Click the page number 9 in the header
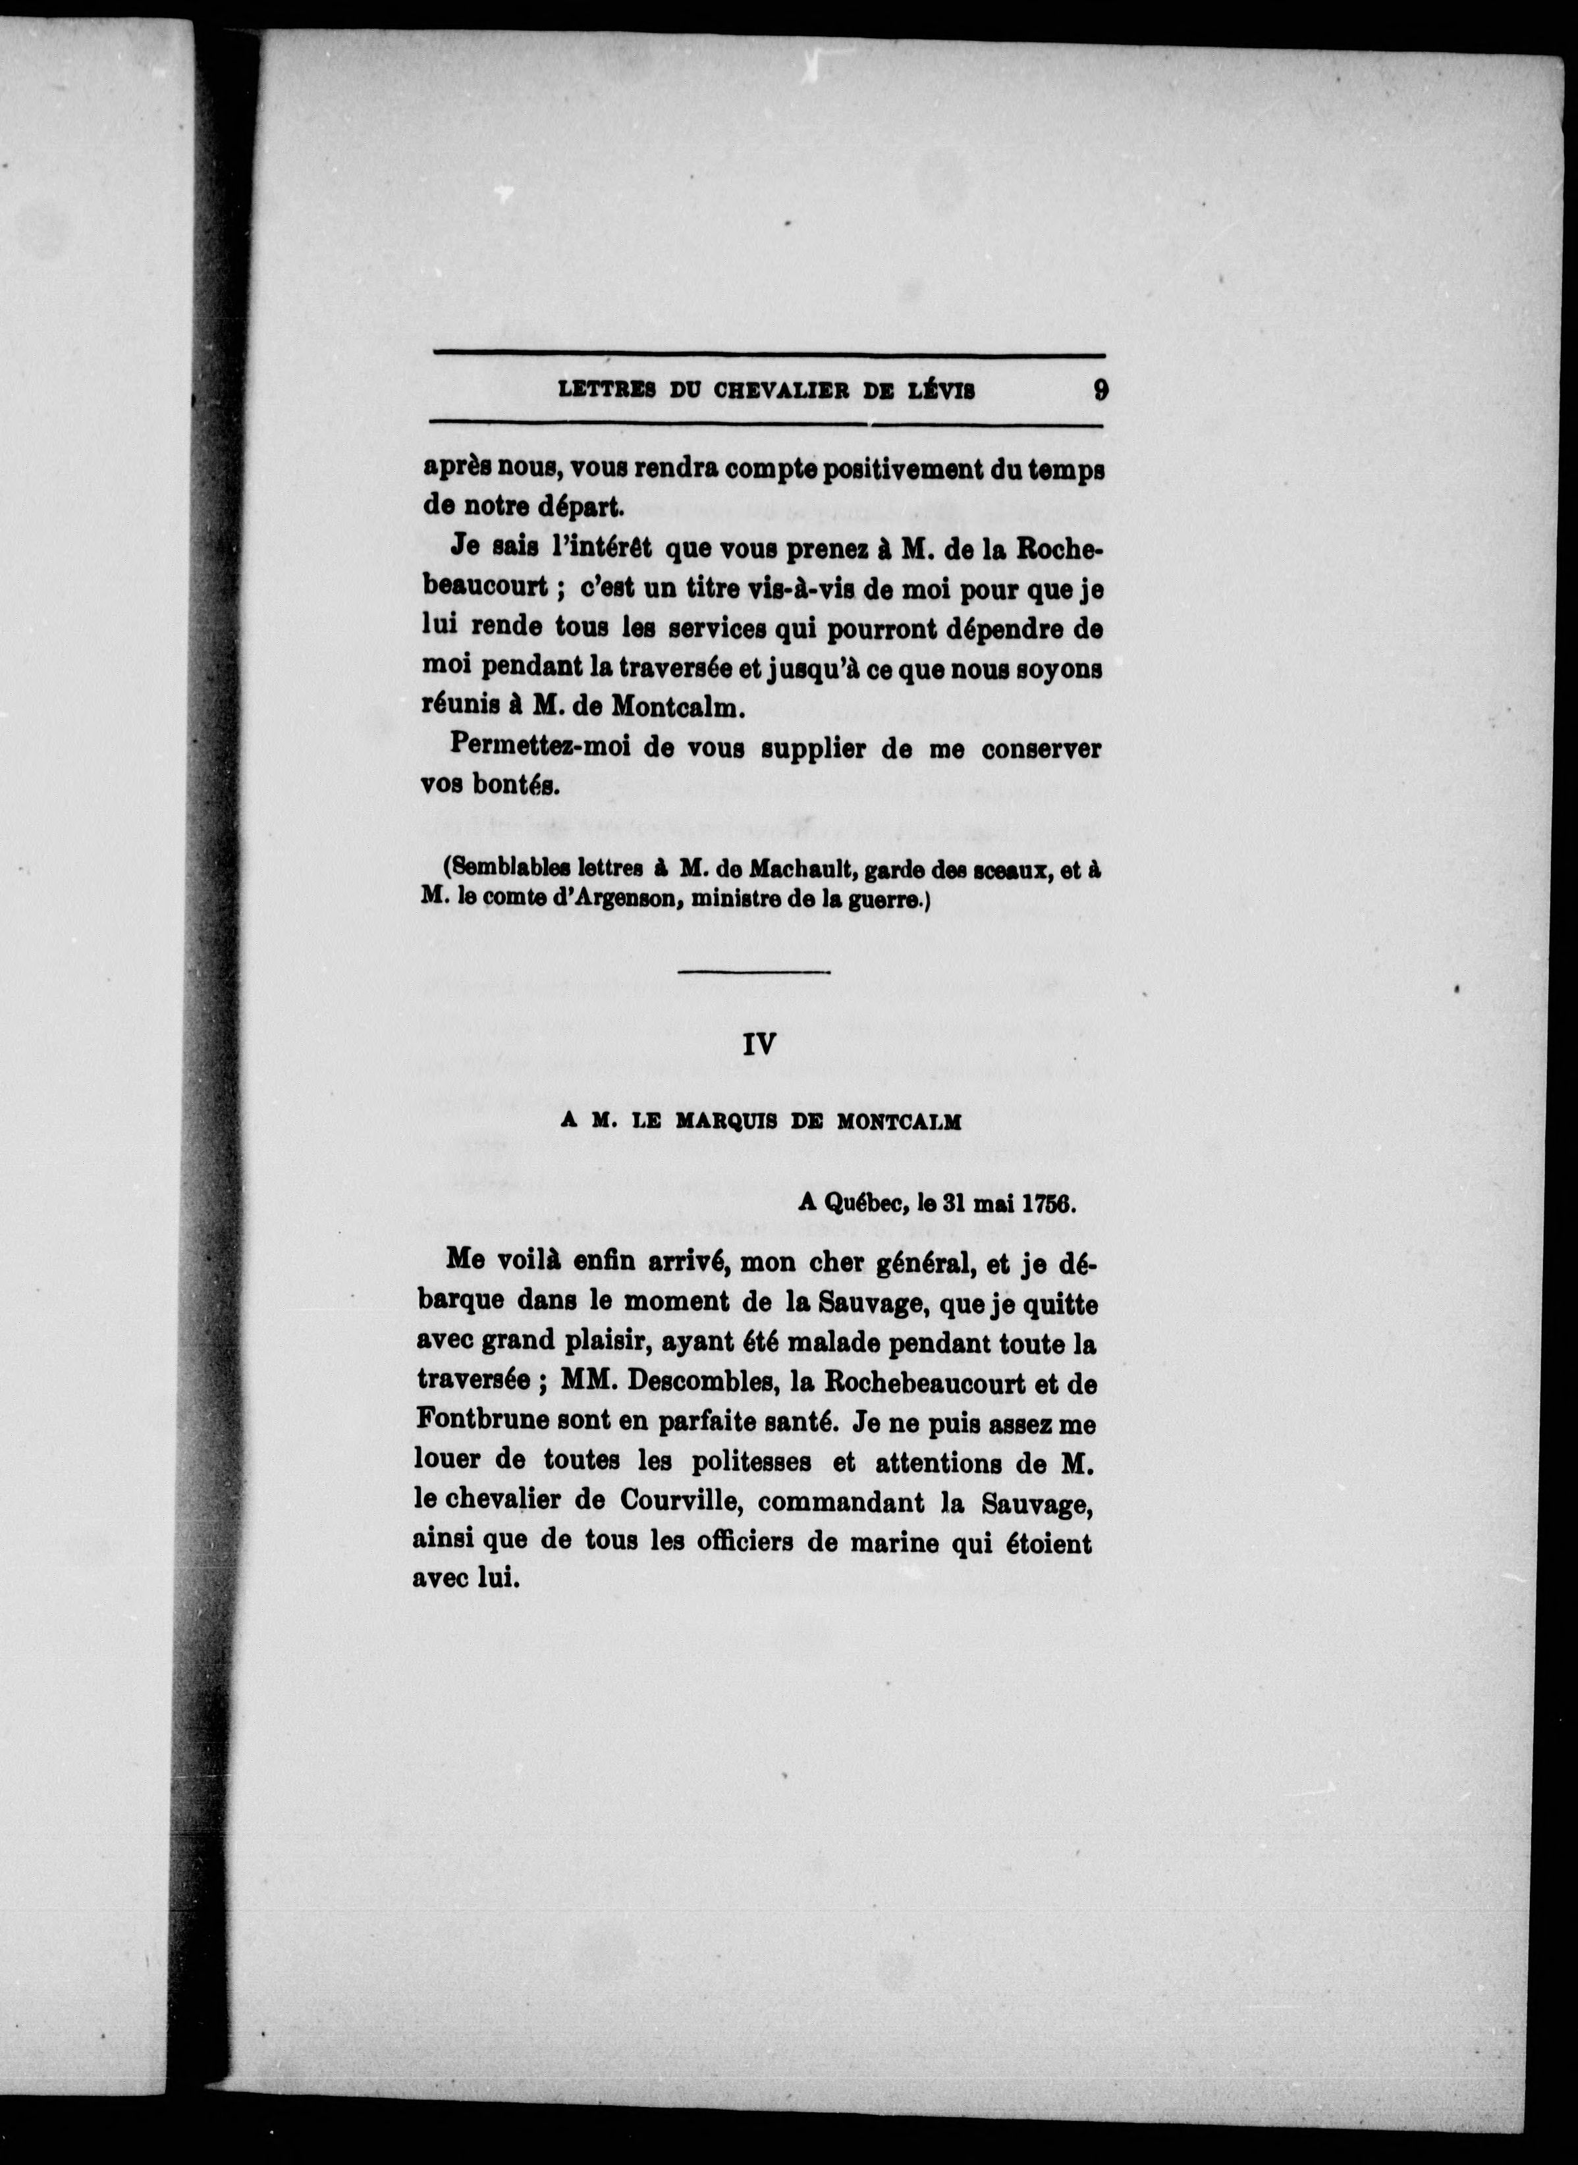point(1101,390)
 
